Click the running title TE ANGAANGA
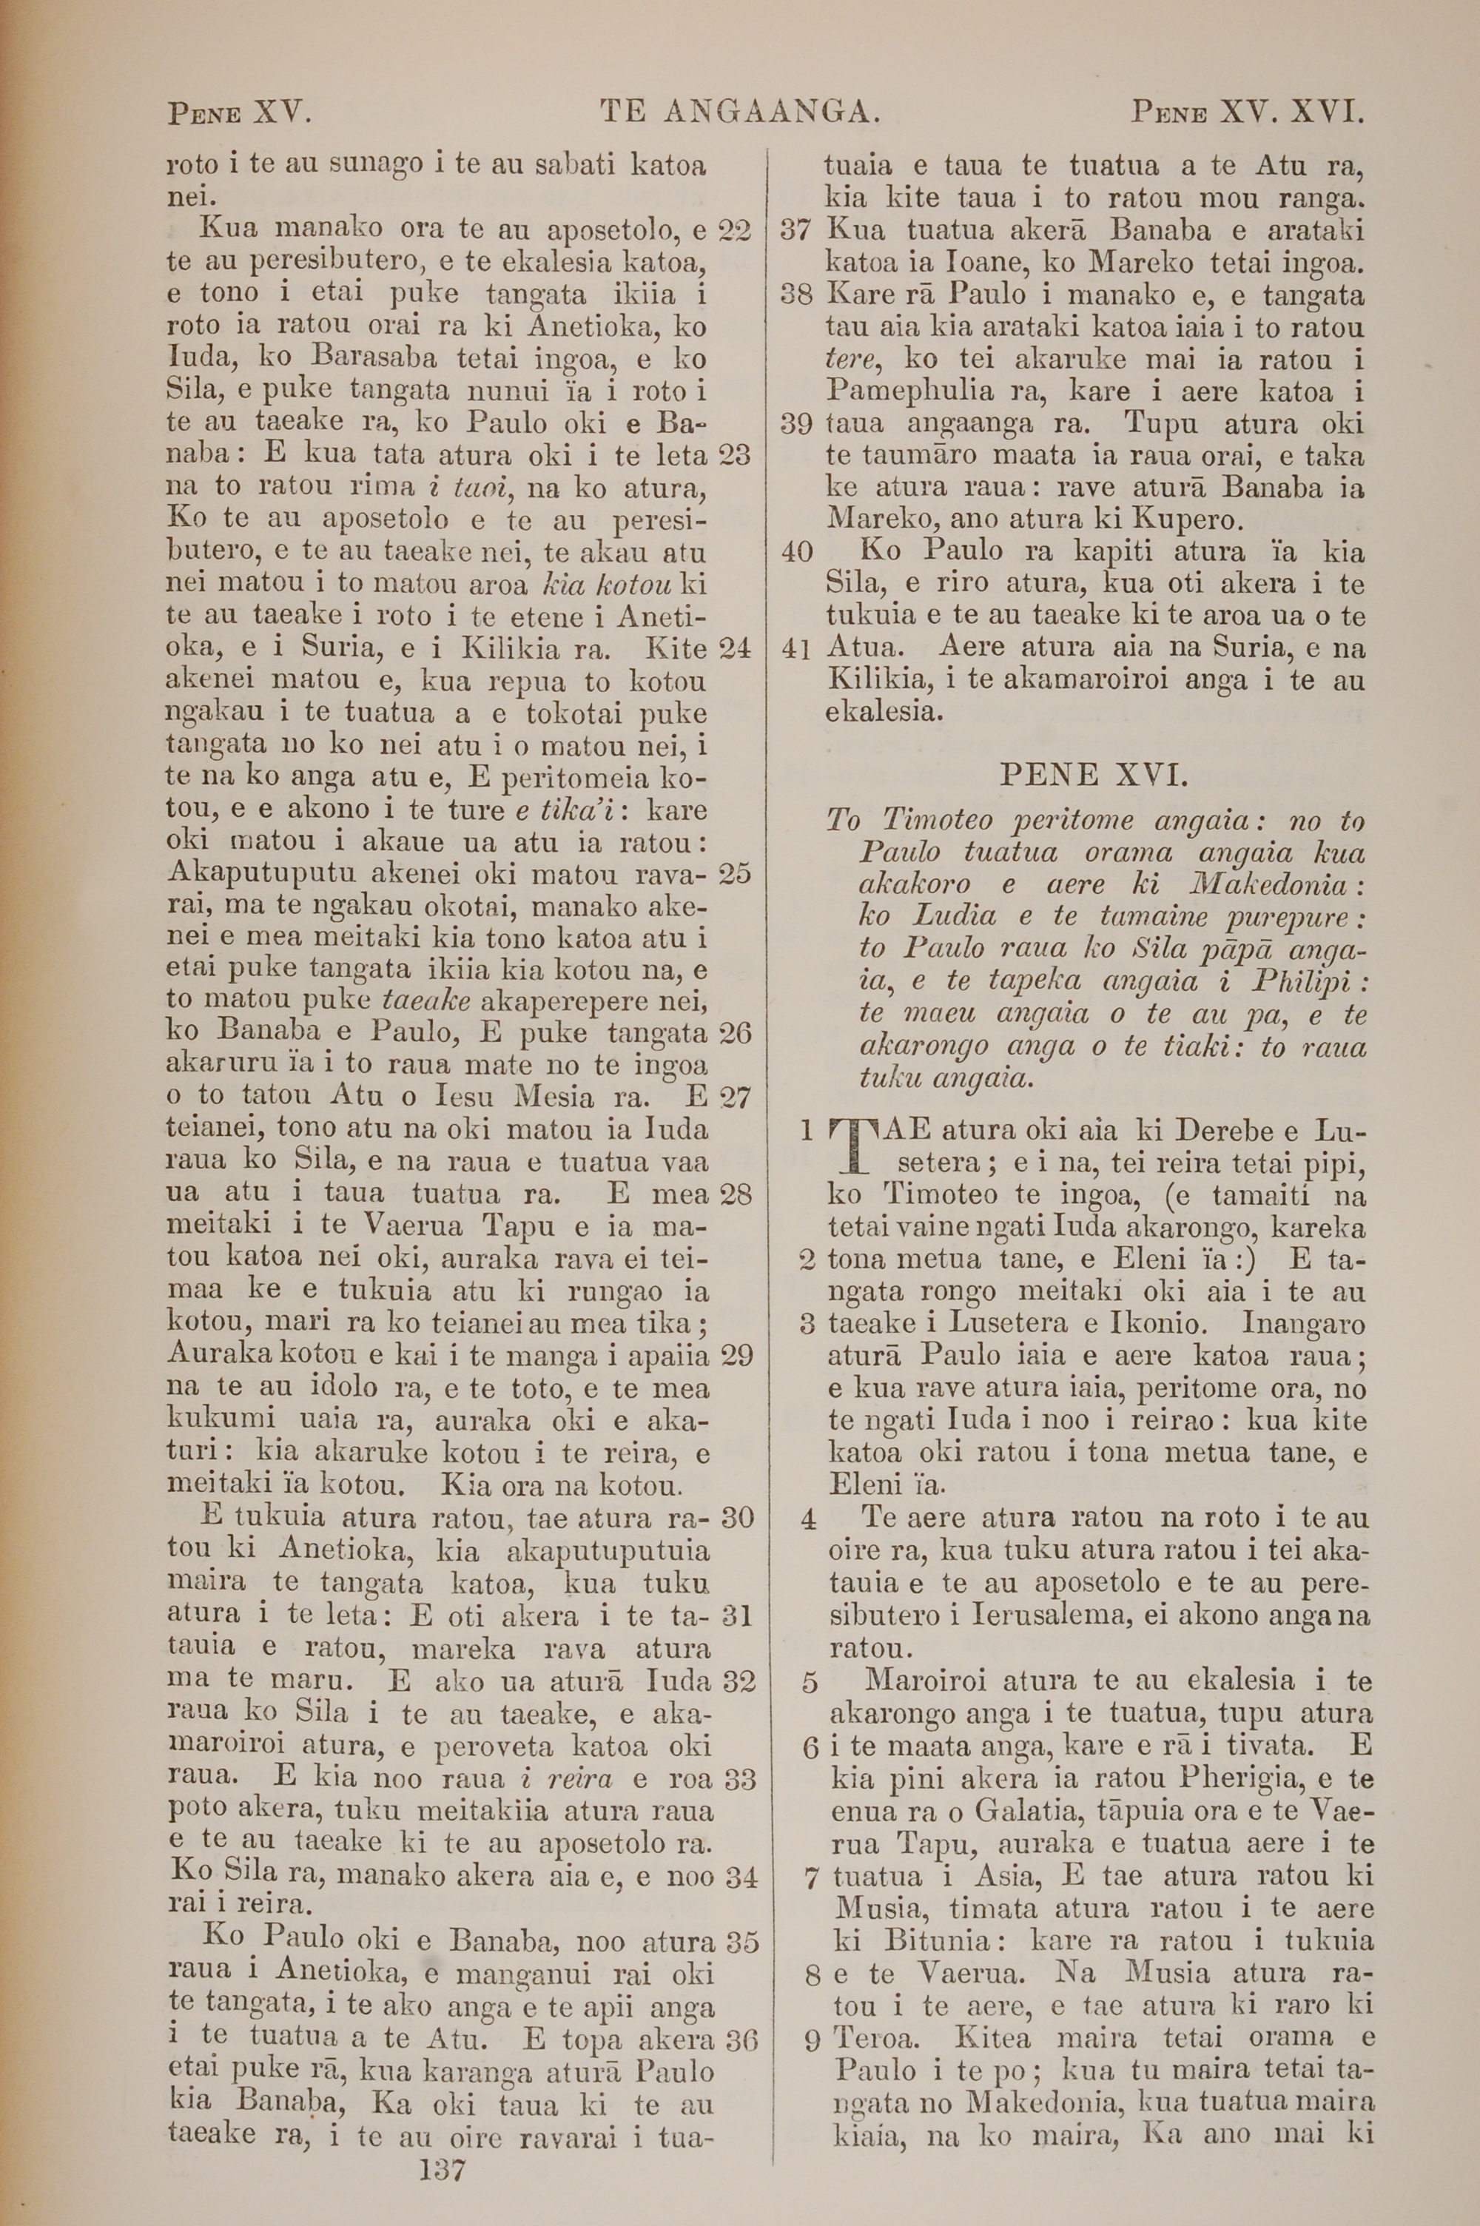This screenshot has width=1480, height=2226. click(740, 114)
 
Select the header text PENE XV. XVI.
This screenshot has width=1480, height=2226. click(1248, 114)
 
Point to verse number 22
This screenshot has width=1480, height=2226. click(734, 230)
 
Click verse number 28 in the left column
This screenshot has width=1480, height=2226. click(736, 1194)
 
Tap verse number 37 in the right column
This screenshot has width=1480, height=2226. click(798, 231)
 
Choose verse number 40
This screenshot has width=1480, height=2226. click(798, 552)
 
